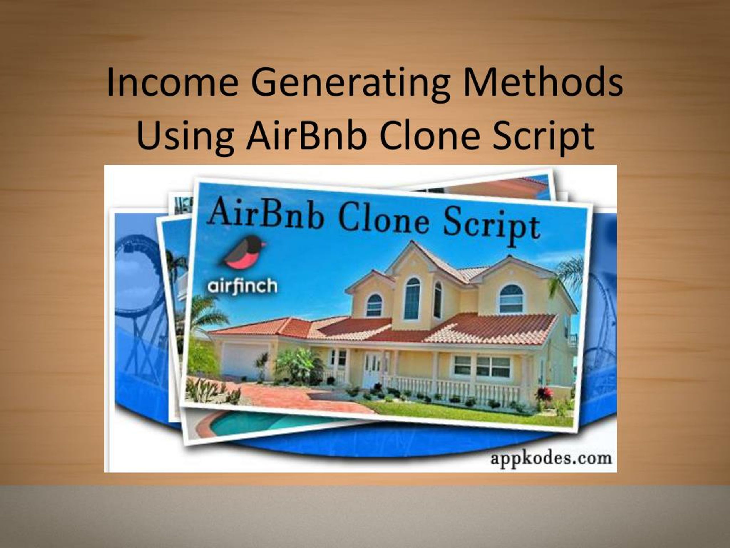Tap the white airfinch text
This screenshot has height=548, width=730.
tap(242, 286)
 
